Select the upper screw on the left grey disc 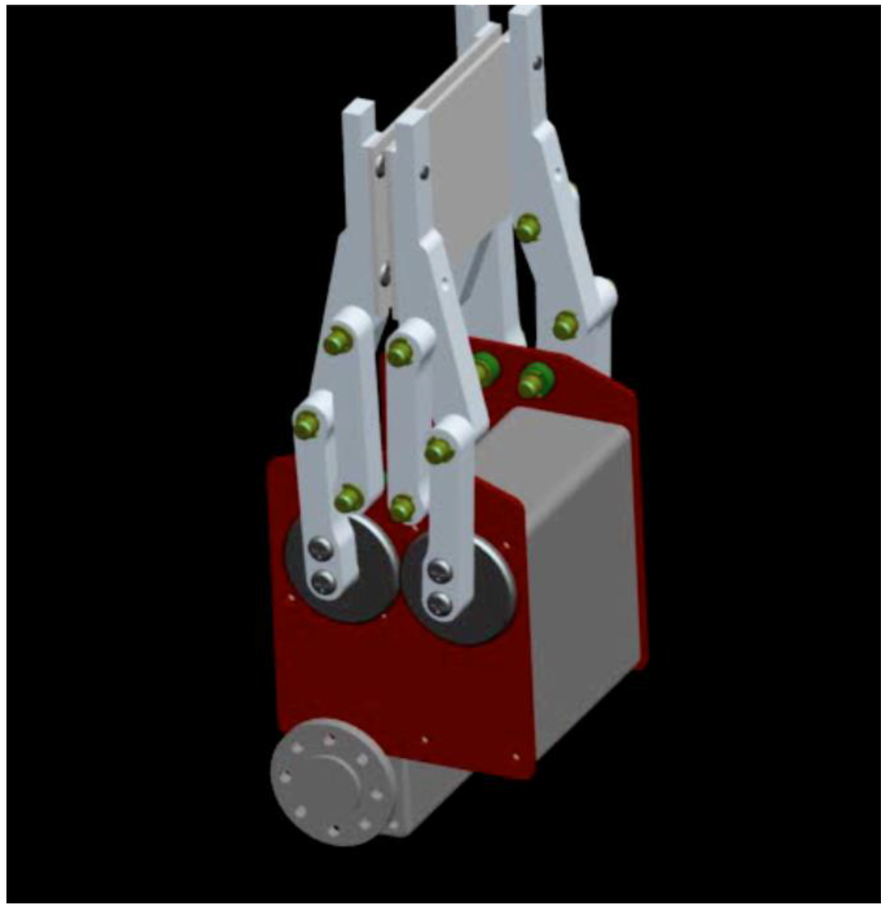point(322,547)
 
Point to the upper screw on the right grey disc point(440,570)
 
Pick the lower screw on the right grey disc point(441,603)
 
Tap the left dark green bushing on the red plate point(486,370)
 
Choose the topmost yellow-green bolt point(527,228)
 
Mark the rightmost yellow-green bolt point(565,325)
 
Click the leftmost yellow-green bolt point(306,424)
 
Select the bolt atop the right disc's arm point(440,449)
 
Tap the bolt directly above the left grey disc point(349,497)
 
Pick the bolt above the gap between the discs point(402,507)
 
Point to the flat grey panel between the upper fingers point(473,156)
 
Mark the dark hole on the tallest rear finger point(539,63)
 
